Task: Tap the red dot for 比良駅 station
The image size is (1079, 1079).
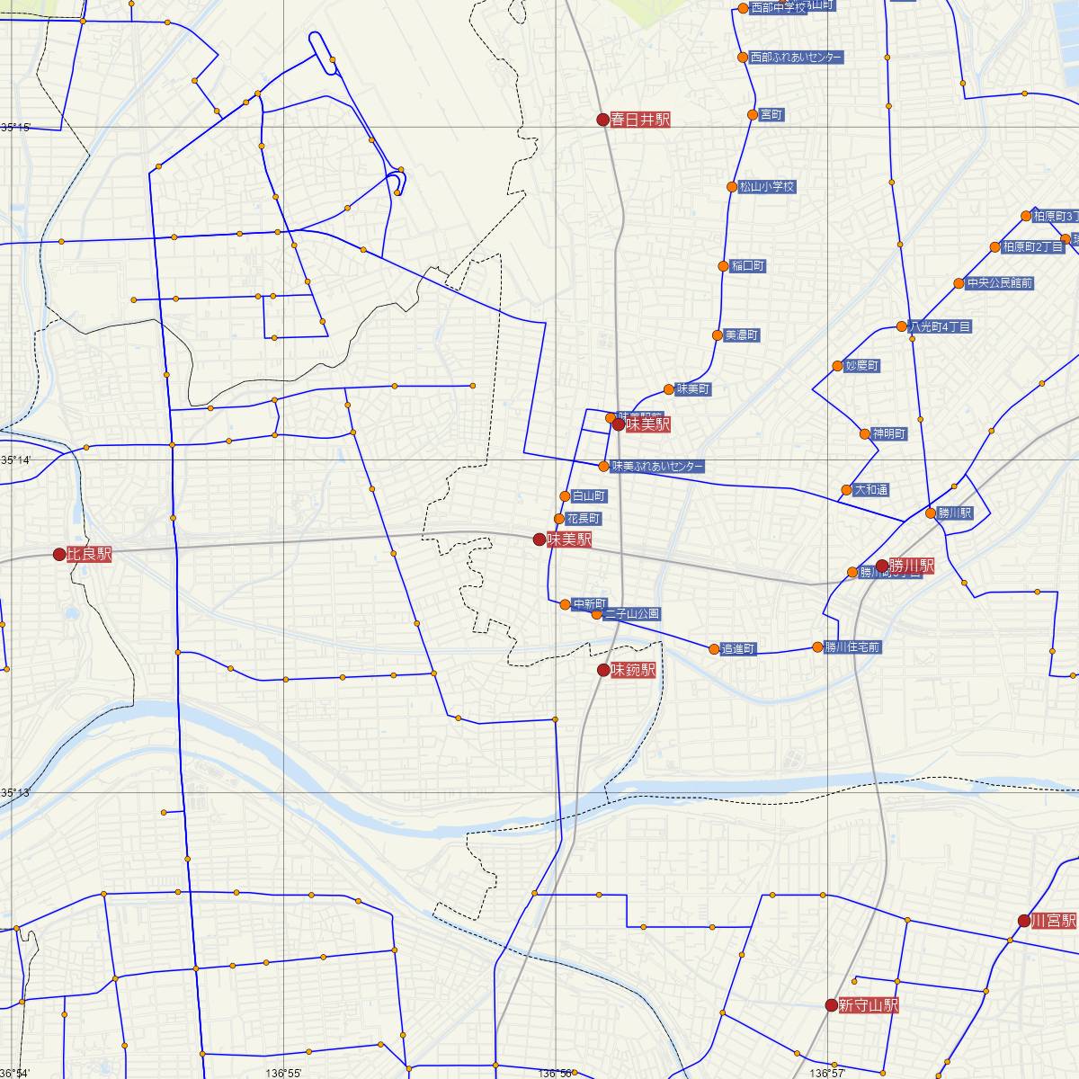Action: pyautogui.click(x=59, y=555)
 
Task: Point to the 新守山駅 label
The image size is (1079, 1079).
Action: pyautogui.click(x=869, y=1005)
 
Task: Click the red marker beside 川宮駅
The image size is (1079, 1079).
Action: pyautogui.click(x=1023, y=920)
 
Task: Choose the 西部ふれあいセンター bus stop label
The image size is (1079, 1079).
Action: pyautogui.click(x=797, y=58)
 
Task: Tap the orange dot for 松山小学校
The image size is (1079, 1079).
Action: pyautogui.click(x=732, y=187)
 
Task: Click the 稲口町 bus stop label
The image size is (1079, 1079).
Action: pyautogui.click(x=748, y=266)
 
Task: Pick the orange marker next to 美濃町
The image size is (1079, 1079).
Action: pyautogui.click(x=717, y=335)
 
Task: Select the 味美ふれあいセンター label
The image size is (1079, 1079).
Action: pyautogui.click(x=657, y=467)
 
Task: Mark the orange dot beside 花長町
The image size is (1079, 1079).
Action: pyautogui.click(x=559, y=519)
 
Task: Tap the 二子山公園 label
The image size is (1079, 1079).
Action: pyautogui.click(x=633, y=614)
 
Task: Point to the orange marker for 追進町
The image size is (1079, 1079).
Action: pyautogui.click(x=714, y=649)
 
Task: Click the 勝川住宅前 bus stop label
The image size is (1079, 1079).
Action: pyautogui.click(x=853, y=647)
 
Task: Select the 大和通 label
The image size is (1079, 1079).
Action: pyautogui.click(x=872, y=490)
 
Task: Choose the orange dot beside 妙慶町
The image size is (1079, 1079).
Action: pyautogui.click(x=838, y=367)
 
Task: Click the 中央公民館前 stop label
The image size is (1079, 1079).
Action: pyautogui.click(x=1000, y=283)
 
